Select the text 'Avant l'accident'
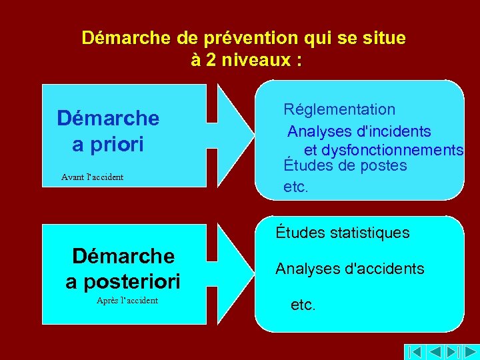pos(92,177)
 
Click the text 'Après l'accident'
pos(127,301)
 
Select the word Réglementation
pos(339,109)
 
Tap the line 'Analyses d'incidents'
pos(359,132)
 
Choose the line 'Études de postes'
pos(345,165)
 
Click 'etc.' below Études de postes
pos(296,187)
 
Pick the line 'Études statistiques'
pos(343,233)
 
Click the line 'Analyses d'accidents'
pos(349,269)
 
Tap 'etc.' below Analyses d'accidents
pos(303,305)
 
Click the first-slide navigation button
pos(415,351)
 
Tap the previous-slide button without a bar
pos(434,351)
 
